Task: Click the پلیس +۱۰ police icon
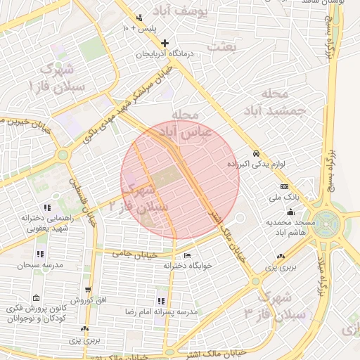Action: pos(139,18)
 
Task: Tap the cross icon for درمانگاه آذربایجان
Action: pos(165,43)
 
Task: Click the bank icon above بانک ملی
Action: pos(284,186)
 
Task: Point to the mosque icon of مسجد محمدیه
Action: pos(290,212)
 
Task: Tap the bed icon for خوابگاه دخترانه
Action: pos(186,255)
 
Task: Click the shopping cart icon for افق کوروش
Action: pos(87,290)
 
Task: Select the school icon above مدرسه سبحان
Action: pos(39,254)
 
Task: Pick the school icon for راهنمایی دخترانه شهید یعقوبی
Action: pos(47,207)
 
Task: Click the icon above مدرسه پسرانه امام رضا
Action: pos(162,300)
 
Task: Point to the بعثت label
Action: pos(230,46)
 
